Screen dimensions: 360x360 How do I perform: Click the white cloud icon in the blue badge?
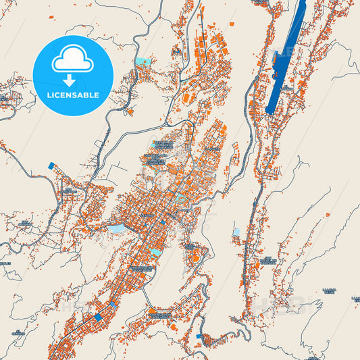tap(73, 60)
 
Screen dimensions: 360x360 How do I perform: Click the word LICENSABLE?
tap(73, 95)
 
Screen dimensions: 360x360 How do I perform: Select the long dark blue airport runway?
tap(284, 57)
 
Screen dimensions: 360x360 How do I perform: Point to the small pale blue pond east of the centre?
tap(236, 232)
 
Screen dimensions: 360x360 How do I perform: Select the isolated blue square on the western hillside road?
tap(50, 164)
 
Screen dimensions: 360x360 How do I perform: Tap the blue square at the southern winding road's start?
tap(199, 336)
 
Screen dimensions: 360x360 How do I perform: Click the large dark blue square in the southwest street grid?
tap(99, 316)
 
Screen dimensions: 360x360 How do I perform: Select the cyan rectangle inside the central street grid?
tap(156, 252)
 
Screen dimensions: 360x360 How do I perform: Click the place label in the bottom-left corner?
tap(18, 332)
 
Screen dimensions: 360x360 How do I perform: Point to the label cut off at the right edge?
tap(354, 298)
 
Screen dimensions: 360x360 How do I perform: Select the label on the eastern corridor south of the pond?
tap(268, 260)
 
